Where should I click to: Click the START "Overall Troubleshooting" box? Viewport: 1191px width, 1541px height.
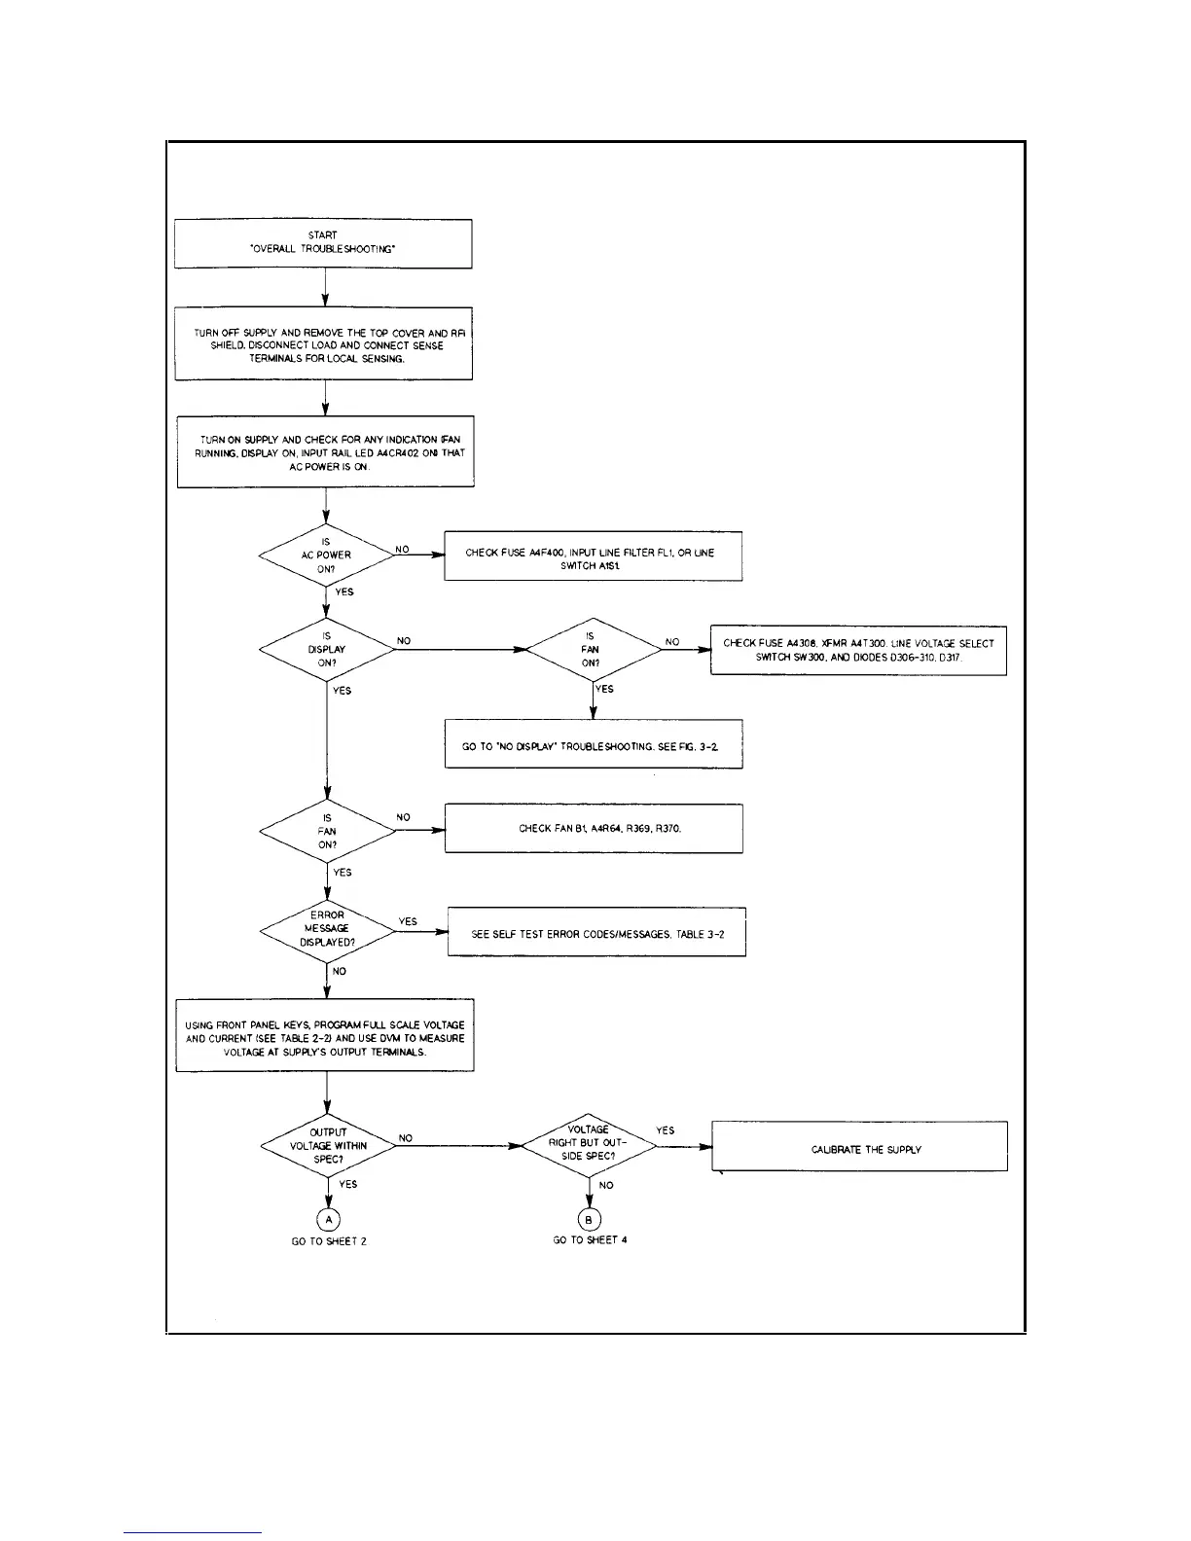point(323,243)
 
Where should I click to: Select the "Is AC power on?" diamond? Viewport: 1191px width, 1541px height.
point(326,555)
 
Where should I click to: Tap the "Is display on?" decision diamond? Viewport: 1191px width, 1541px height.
point(327,650)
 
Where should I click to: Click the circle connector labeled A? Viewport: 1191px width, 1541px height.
point(329,1219)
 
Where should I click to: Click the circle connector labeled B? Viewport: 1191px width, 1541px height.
point(589,1219)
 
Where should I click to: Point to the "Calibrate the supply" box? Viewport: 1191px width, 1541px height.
point(859,1147)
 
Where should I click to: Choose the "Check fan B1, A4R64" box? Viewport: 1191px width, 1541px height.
point(594,829)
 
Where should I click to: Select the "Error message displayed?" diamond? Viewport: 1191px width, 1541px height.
point(327,930)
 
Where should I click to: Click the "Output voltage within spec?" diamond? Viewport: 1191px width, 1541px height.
point(328,1146)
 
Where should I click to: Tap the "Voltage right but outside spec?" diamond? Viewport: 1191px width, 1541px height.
point(589,1144)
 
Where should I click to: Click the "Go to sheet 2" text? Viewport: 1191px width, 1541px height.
point(329,1241)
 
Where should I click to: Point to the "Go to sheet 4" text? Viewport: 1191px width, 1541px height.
point(590,1240)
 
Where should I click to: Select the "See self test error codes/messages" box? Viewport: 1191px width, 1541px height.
point(596,933)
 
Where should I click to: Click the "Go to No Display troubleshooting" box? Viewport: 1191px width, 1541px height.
point(594,745)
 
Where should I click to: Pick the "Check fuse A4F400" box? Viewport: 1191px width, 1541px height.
point(594,557)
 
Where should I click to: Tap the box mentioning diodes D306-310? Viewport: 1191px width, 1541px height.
point(858,651)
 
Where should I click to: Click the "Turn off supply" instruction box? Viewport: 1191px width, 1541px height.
point(324,345)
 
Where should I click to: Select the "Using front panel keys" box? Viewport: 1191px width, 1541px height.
point(325,1036)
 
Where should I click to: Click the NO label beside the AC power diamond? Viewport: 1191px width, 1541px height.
point(402,550)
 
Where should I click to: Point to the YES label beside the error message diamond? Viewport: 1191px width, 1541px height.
point(408,921)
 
